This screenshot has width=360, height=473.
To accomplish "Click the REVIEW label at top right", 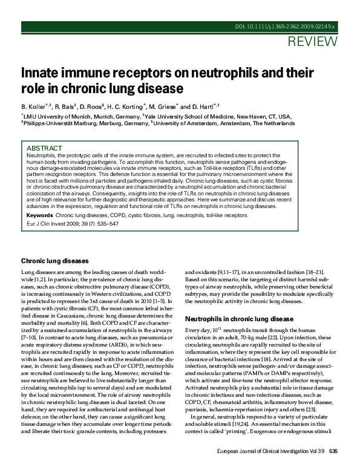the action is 313,42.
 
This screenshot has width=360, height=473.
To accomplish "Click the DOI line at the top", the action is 286,28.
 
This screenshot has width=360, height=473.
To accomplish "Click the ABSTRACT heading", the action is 44,148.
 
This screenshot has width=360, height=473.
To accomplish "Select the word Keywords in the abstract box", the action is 39,215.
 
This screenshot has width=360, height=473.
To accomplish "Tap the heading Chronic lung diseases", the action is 55,261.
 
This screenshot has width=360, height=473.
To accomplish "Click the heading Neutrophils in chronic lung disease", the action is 239,319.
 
